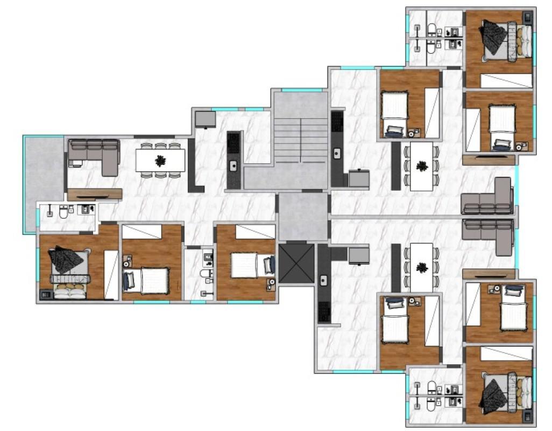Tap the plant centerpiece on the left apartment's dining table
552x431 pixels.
tap(160, 161)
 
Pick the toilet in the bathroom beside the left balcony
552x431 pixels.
tap(63, 213)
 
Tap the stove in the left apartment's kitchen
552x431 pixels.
tap(234, 143)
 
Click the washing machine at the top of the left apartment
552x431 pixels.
tap(205, 119)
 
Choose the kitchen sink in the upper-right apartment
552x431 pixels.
tap(337, 154)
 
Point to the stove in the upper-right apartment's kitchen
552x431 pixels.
tap(337, 122)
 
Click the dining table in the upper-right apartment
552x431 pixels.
tap(422, 166)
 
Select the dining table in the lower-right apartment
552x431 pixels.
tap(422, 267)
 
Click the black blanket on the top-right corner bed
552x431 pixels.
tap(494, 35)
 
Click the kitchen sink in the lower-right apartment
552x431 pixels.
tap(324, 280)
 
